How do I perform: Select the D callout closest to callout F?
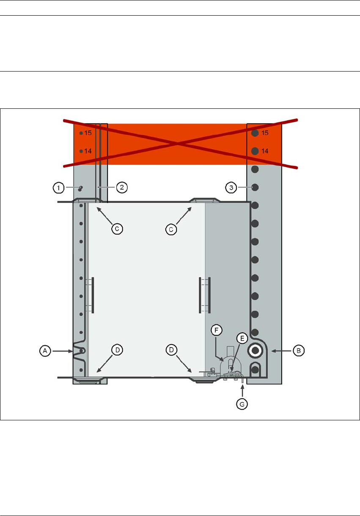(171, 350)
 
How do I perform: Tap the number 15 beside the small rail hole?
(88, 133)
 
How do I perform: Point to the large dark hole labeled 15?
(255, 133)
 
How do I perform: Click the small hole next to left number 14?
(81, 151)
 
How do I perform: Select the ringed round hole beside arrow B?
(255, 350)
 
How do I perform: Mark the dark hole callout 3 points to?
(255, 187)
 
